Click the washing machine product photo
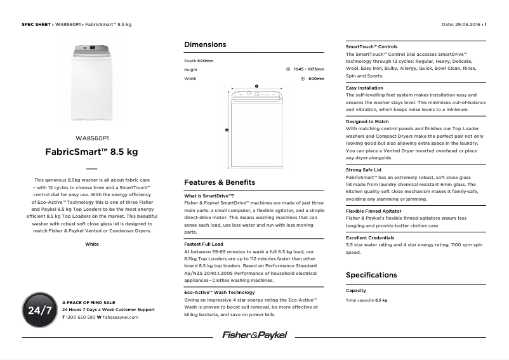tap(92, 82)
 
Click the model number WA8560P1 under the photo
tap(92, 138)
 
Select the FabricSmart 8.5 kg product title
tap(92, 152)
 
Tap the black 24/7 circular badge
tap(39, 310)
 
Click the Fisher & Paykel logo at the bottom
tap(255, 335)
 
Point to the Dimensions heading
tap(204, 45)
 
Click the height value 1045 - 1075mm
tap(308, 69)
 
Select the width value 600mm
tap(316, 79)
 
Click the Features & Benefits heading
tap(219, 182)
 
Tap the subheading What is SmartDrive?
tap(209, 196)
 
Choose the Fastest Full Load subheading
tap(204, 244)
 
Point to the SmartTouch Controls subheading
tap(371, 47)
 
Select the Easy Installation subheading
tap(364, 88)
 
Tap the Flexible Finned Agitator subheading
tap(373, 211)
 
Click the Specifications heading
tap(371, 275)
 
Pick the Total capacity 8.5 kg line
tap(366, 300)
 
